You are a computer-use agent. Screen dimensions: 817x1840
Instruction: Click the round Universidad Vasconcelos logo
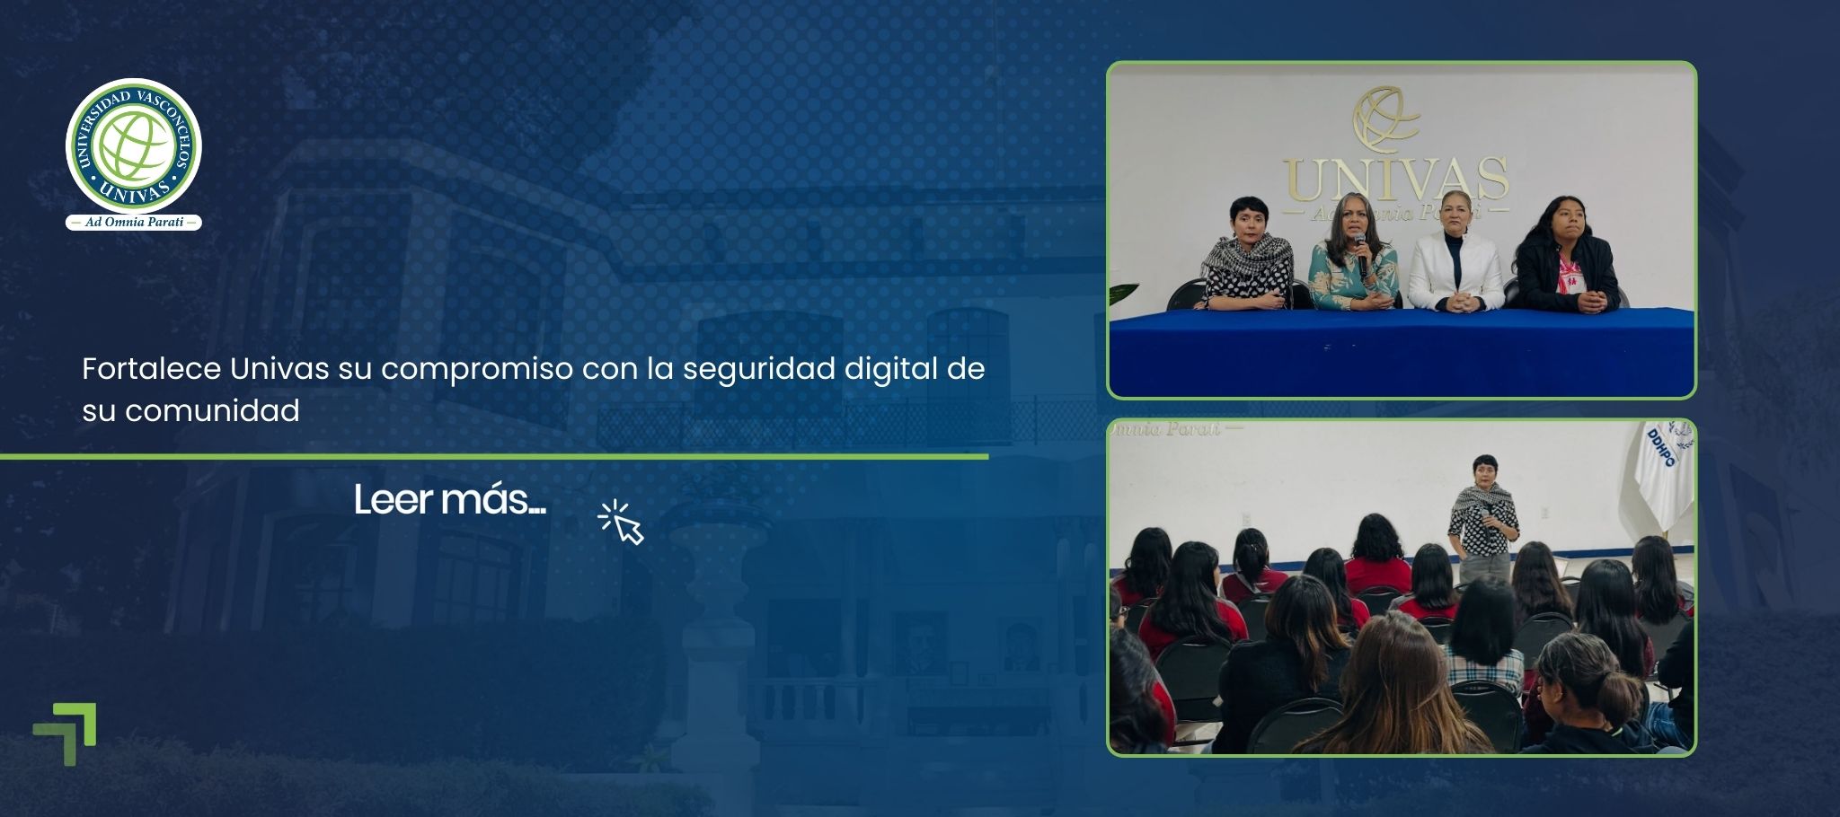click(134, 146)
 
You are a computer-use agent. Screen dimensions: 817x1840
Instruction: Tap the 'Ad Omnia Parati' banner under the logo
click(134, 223)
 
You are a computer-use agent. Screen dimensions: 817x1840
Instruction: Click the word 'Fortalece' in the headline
click(151, 369)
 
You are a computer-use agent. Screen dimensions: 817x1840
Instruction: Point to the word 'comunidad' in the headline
click(212, 411)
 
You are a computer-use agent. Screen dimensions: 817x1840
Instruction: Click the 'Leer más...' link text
click(449, 500)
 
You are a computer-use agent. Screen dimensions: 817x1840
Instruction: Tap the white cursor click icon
click(622, 523)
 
